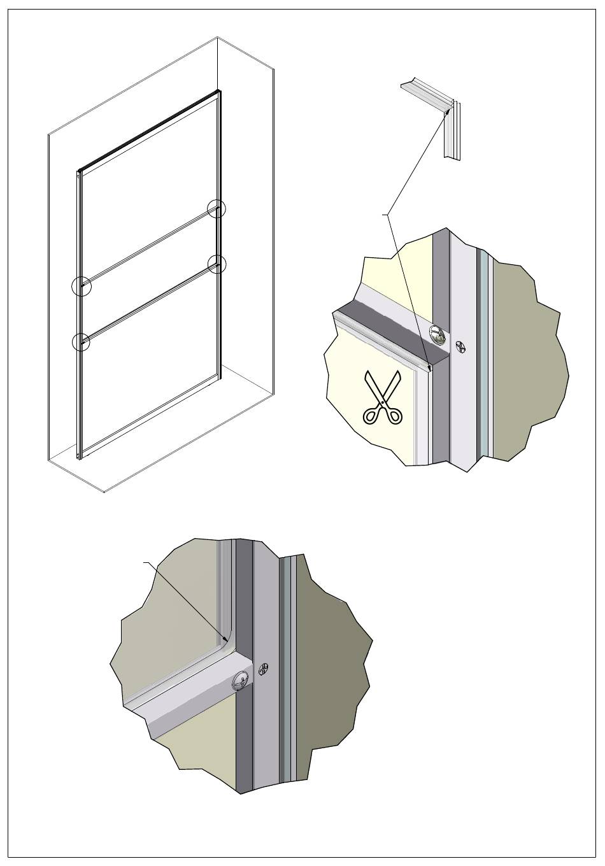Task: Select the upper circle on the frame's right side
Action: coord(217,208)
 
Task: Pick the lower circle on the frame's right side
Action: coord(217,264)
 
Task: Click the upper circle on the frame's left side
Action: coord(82,287)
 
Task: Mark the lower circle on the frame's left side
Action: coord(81,342)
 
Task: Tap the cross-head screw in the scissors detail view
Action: coord(461,348)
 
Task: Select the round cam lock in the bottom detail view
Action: coord(243,680)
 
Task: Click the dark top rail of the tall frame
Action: coord(150,131)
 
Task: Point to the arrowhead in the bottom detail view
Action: coord(225,639)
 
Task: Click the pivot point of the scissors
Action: coord(383,402)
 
